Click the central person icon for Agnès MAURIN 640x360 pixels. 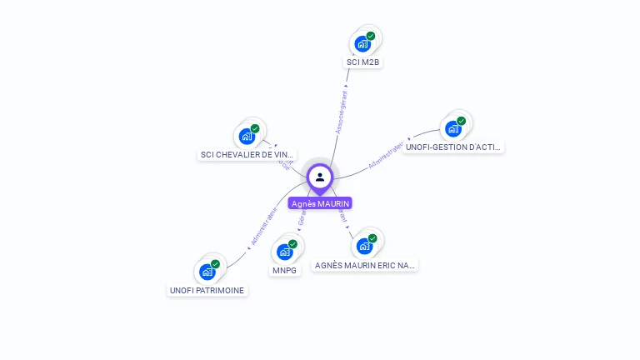coord(320,177)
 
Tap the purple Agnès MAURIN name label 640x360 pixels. coord(320,203)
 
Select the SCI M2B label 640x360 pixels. coord(363,62)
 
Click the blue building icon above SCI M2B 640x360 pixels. coord(362,43)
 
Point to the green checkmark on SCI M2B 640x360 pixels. coord(371,36)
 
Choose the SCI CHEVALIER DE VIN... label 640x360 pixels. coord(247,154)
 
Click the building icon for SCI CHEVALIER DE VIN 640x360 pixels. coord(247,136)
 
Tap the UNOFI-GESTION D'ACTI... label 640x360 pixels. coord(452,147)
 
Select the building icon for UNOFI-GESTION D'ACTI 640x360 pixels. coord(452,128)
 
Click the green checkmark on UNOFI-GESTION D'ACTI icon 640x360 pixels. coord(461,121)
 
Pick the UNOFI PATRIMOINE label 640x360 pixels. coord(207,290)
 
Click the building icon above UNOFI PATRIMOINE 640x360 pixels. coord(207,272)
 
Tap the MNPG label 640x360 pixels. coord(285,270)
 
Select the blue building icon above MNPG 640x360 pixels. coord(284,252)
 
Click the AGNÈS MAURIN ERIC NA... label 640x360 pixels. coord(365,265)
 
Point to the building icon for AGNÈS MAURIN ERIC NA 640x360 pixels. coord(363,246)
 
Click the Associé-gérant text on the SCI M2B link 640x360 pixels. coord(342,108)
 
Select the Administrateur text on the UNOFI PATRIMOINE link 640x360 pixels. coord(263,226)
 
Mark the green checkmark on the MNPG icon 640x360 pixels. coord(292,244)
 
